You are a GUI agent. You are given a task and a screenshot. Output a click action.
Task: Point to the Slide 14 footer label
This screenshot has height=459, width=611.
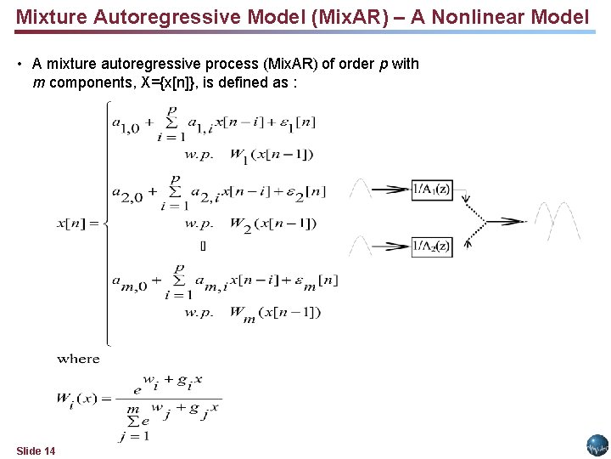click(x=36, y=450)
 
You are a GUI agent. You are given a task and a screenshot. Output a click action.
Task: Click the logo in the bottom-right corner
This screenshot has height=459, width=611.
click(x=597, y=445)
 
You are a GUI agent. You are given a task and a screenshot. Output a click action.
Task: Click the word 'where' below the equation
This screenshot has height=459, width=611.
click(x=79, y=359)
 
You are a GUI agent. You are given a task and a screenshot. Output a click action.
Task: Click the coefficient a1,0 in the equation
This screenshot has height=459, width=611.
click(x=128, y=124)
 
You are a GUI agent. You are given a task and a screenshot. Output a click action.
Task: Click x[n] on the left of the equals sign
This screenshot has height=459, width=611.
click(x=72, y=224)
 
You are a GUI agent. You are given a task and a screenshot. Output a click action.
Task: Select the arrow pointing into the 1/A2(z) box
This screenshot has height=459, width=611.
click(x=390, y=246)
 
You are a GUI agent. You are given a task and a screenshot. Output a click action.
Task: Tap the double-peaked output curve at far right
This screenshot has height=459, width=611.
click(x=558, y=221)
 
